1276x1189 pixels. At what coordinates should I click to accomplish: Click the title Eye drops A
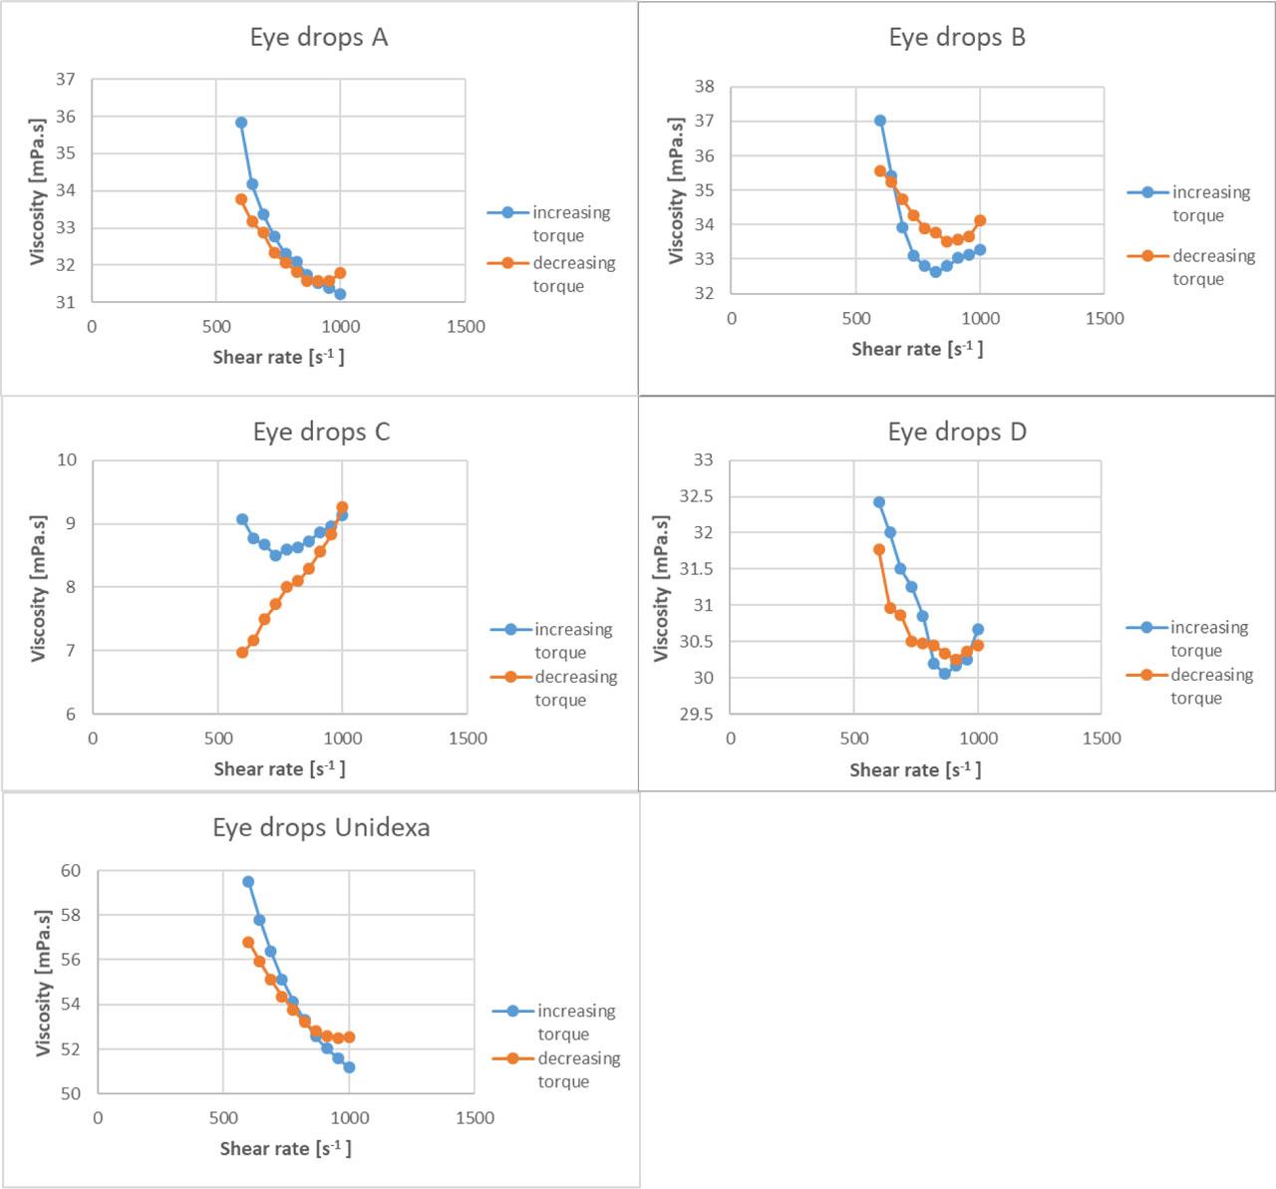point(318,38)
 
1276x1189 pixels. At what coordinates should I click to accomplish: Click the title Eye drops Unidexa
point(321,827)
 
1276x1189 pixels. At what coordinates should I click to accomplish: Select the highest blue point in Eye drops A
point(241,123)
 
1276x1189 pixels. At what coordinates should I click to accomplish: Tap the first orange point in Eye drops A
point(241,199)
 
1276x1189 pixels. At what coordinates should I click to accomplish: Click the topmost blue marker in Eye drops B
point(880,121)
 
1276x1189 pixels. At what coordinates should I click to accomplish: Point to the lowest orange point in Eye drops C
point(242,652)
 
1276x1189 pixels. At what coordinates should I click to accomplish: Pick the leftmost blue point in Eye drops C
point(242,519)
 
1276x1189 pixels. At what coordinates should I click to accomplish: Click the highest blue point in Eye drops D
point(879,502)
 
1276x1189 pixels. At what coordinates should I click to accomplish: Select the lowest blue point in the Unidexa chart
point(349,1067)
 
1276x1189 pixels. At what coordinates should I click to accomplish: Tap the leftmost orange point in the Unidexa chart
point(248,942)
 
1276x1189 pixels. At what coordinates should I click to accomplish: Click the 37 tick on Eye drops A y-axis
point(66,79)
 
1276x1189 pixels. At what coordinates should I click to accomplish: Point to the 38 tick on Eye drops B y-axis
point(705,87)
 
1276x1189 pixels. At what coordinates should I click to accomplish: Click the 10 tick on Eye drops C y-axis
point(67,460)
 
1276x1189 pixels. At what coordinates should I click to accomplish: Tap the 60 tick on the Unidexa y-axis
point(70,871)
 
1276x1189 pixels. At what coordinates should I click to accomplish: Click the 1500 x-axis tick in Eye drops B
point(1104,319)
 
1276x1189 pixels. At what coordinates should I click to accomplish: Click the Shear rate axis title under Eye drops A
point(278,357)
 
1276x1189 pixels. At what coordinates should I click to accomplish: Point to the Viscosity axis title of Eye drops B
point(676,190)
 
